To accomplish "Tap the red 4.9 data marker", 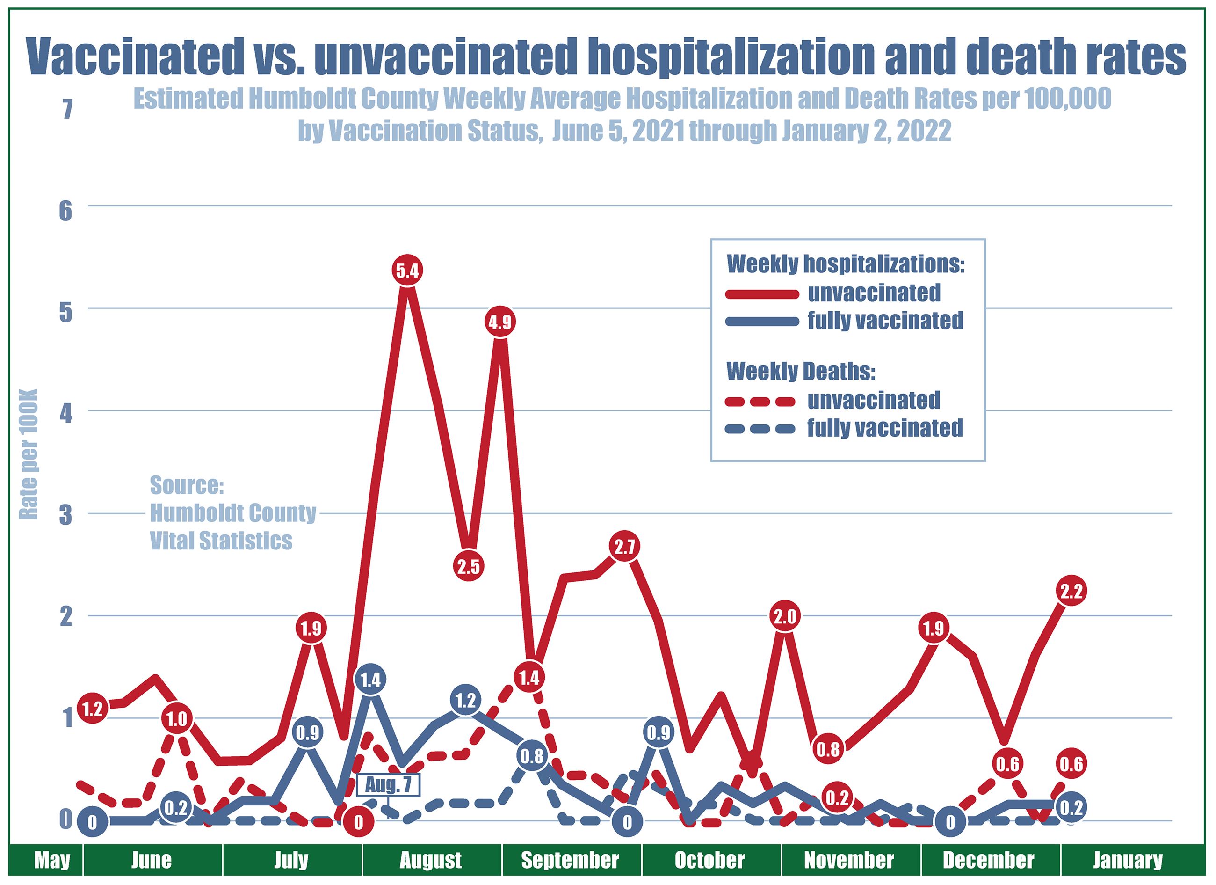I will click(499, 322).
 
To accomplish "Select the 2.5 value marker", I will click(469, 566).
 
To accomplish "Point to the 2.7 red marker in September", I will click(625, 547).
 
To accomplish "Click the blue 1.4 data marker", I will click(370, 680).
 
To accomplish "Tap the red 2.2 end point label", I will click(1071, 591).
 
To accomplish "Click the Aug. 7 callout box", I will click(388, 785).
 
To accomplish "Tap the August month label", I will click(431, 860).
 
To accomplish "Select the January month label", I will click(1127, 860).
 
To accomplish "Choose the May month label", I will click(51, 860).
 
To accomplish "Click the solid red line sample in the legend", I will click(762, 293).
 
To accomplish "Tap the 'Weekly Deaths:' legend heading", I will click(801, 372).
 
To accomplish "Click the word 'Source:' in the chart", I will click(186, 485).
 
